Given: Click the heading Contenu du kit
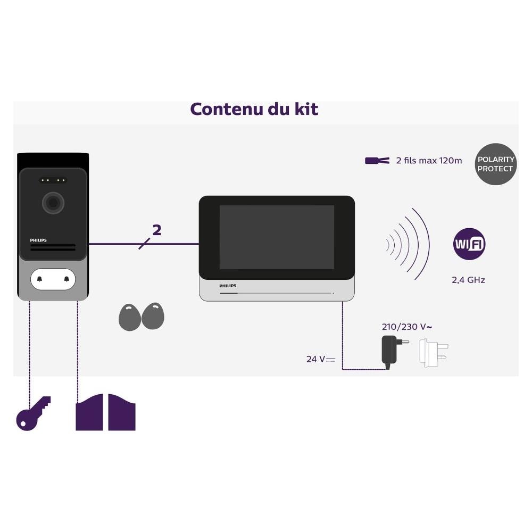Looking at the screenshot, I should coord(254,109).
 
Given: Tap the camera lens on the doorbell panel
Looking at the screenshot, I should coord(53,203).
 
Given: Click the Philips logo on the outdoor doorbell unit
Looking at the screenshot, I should coord(38,240).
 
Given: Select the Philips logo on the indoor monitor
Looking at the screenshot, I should coord(228,286).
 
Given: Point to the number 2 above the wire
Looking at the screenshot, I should coord(156,230).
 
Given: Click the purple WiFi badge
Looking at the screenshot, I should coord(469,244).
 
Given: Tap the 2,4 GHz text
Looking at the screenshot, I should coord(468,280).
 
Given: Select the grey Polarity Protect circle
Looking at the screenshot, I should coord(495,164).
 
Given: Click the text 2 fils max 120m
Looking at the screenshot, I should coord(429,161).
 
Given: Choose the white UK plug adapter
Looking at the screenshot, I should coord(433,351).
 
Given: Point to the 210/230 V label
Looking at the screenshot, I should coord(403,327).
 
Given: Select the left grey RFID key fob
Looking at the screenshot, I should coord(129,318).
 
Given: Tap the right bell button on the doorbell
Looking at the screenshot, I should coord(66,279).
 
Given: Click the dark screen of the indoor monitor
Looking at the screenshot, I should coord(277,237).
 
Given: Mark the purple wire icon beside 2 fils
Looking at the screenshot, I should coord(377,161).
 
